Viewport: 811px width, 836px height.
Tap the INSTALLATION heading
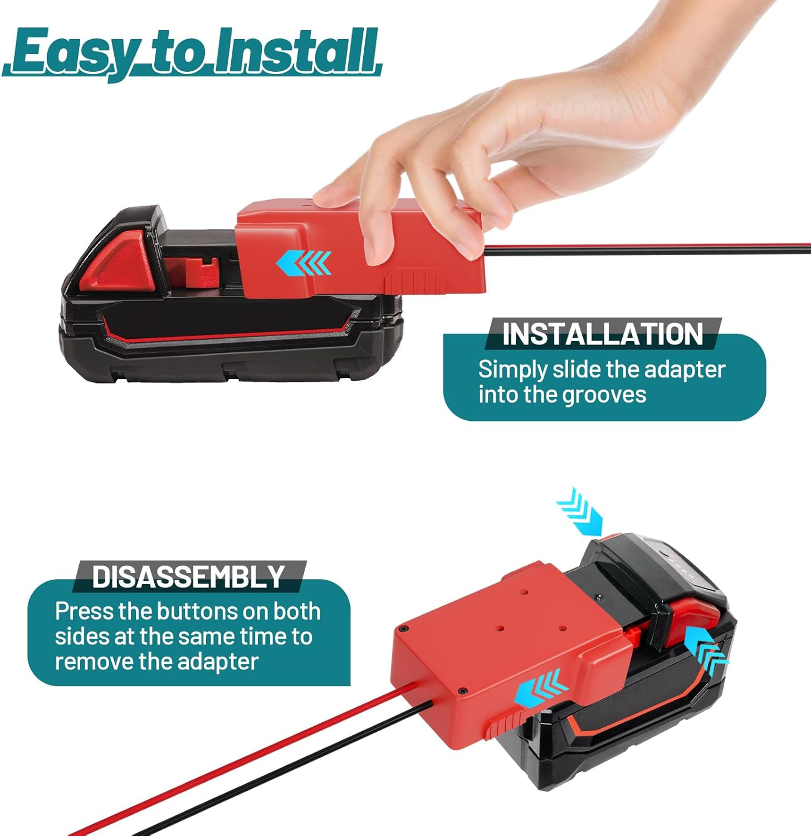point(603,334)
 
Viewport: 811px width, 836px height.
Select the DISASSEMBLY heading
point(188,577)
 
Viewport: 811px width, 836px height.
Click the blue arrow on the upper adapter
point(304,263)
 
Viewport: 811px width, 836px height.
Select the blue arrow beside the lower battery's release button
point(706,650)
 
